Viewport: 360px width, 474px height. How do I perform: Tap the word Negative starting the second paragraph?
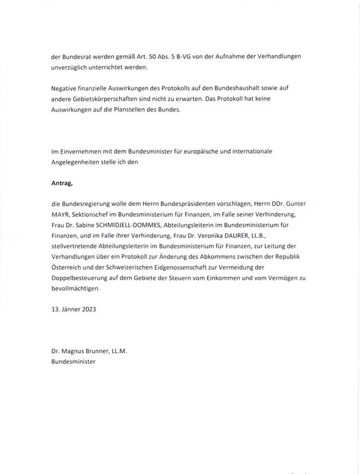66,89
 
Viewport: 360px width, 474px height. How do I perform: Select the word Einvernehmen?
80,152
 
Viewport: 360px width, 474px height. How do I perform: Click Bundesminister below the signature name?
73,361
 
